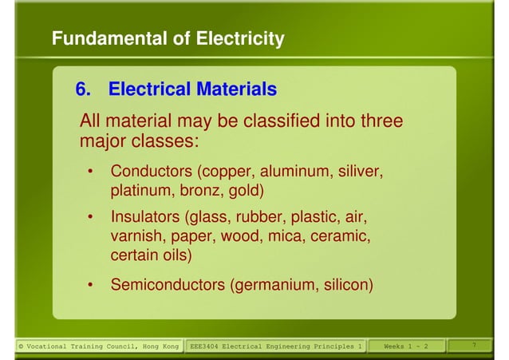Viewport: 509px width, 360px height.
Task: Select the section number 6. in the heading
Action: [x=82, y=89]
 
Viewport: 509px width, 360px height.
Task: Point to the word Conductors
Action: [x=152, y=172]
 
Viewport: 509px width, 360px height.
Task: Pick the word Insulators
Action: [x=145, y=217]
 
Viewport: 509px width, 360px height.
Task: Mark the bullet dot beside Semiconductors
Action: [x=93, y=285]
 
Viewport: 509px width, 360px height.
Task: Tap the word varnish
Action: [x=136, y=237]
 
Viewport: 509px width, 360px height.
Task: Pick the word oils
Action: [x=176, y=256]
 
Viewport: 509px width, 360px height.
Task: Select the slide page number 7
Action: [x=474, y=345]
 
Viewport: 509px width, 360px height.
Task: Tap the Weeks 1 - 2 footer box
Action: [x=405, y=346]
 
